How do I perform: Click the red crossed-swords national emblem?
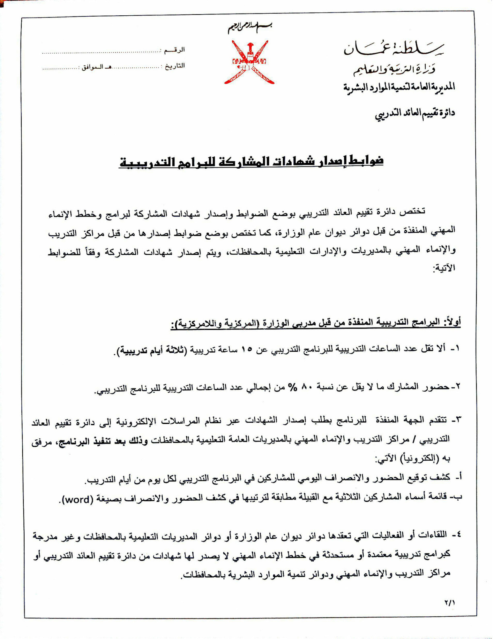coord(249,62)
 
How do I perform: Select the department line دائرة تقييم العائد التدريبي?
coord(415,113)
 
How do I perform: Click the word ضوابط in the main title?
coord(365,161)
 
